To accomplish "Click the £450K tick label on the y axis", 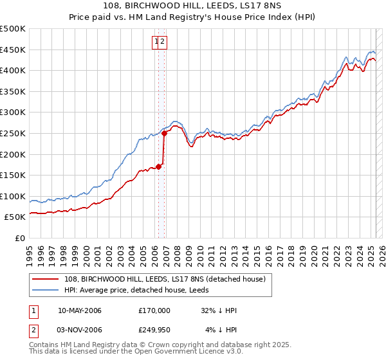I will (13, 50).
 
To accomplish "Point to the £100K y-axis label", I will (13, 196).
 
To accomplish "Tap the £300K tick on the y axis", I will (13, 112).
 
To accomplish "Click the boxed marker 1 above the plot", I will (156, 42).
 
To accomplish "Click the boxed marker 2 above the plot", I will (163, 42).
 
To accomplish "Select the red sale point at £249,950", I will (165, 134).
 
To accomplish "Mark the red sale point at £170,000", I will (159, 167).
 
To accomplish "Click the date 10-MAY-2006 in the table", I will (80, 310).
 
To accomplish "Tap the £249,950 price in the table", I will (154, 330).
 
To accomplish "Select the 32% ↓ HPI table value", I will (219, 310).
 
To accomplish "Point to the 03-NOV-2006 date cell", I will (80, 330).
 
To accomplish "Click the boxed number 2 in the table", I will (34, 330).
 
